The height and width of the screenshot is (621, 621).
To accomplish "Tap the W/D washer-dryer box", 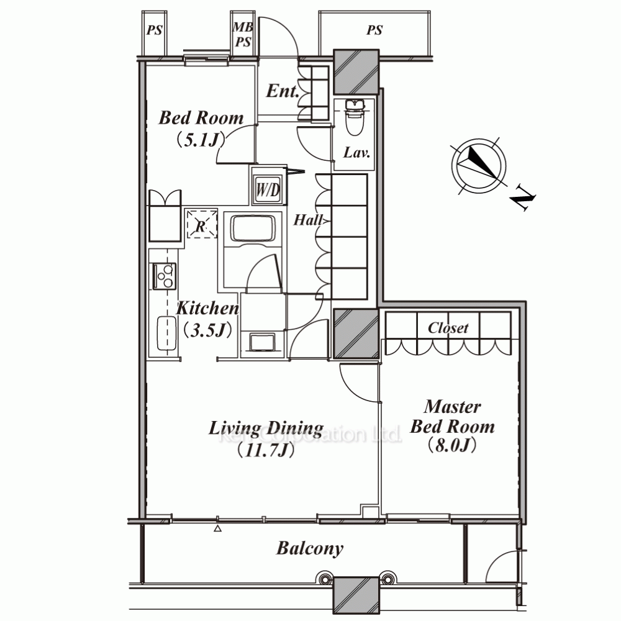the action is point(268,189).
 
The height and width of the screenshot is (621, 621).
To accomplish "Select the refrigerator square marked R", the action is point(202,224).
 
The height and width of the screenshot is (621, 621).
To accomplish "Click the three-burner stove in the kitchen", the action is point(165,276).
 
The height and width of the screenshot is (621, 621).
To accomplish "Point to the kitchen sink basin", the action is point(166,333).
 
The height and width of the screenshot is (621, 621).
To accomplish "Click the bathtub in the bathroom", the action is point(253,229).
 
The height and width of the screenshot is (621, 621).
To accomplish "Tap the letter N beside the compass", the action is point(523,201).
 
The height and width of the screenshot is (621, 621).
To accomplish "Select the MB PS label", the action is point(243,34).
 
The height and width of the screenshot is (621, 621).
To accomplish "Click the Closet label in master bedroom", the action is point(448,328).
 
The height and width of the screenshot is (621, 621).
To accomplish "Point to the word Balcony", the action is point(310,549).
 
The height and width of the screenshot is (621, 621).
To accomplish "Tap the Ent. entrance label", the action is point(283,91).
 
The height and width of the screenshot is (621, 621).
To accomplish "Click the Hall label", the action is point(308,220).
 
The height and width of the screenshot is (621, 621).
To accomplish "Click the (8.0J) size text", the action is point(452,445).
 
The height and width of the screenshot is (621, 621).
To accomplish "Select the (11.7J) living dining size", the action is point(266,450).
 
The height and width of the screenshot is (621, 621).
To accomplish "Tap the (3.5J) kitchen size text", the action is point(208,330).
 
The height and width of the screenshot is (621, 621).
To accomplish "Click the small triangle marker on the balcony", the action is point(217,528).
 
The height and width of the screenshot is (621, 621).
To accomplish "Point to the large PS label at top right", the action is point(374,30).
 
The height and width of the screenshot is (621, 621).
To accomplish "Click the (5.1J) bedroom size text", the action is point(201,139).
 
